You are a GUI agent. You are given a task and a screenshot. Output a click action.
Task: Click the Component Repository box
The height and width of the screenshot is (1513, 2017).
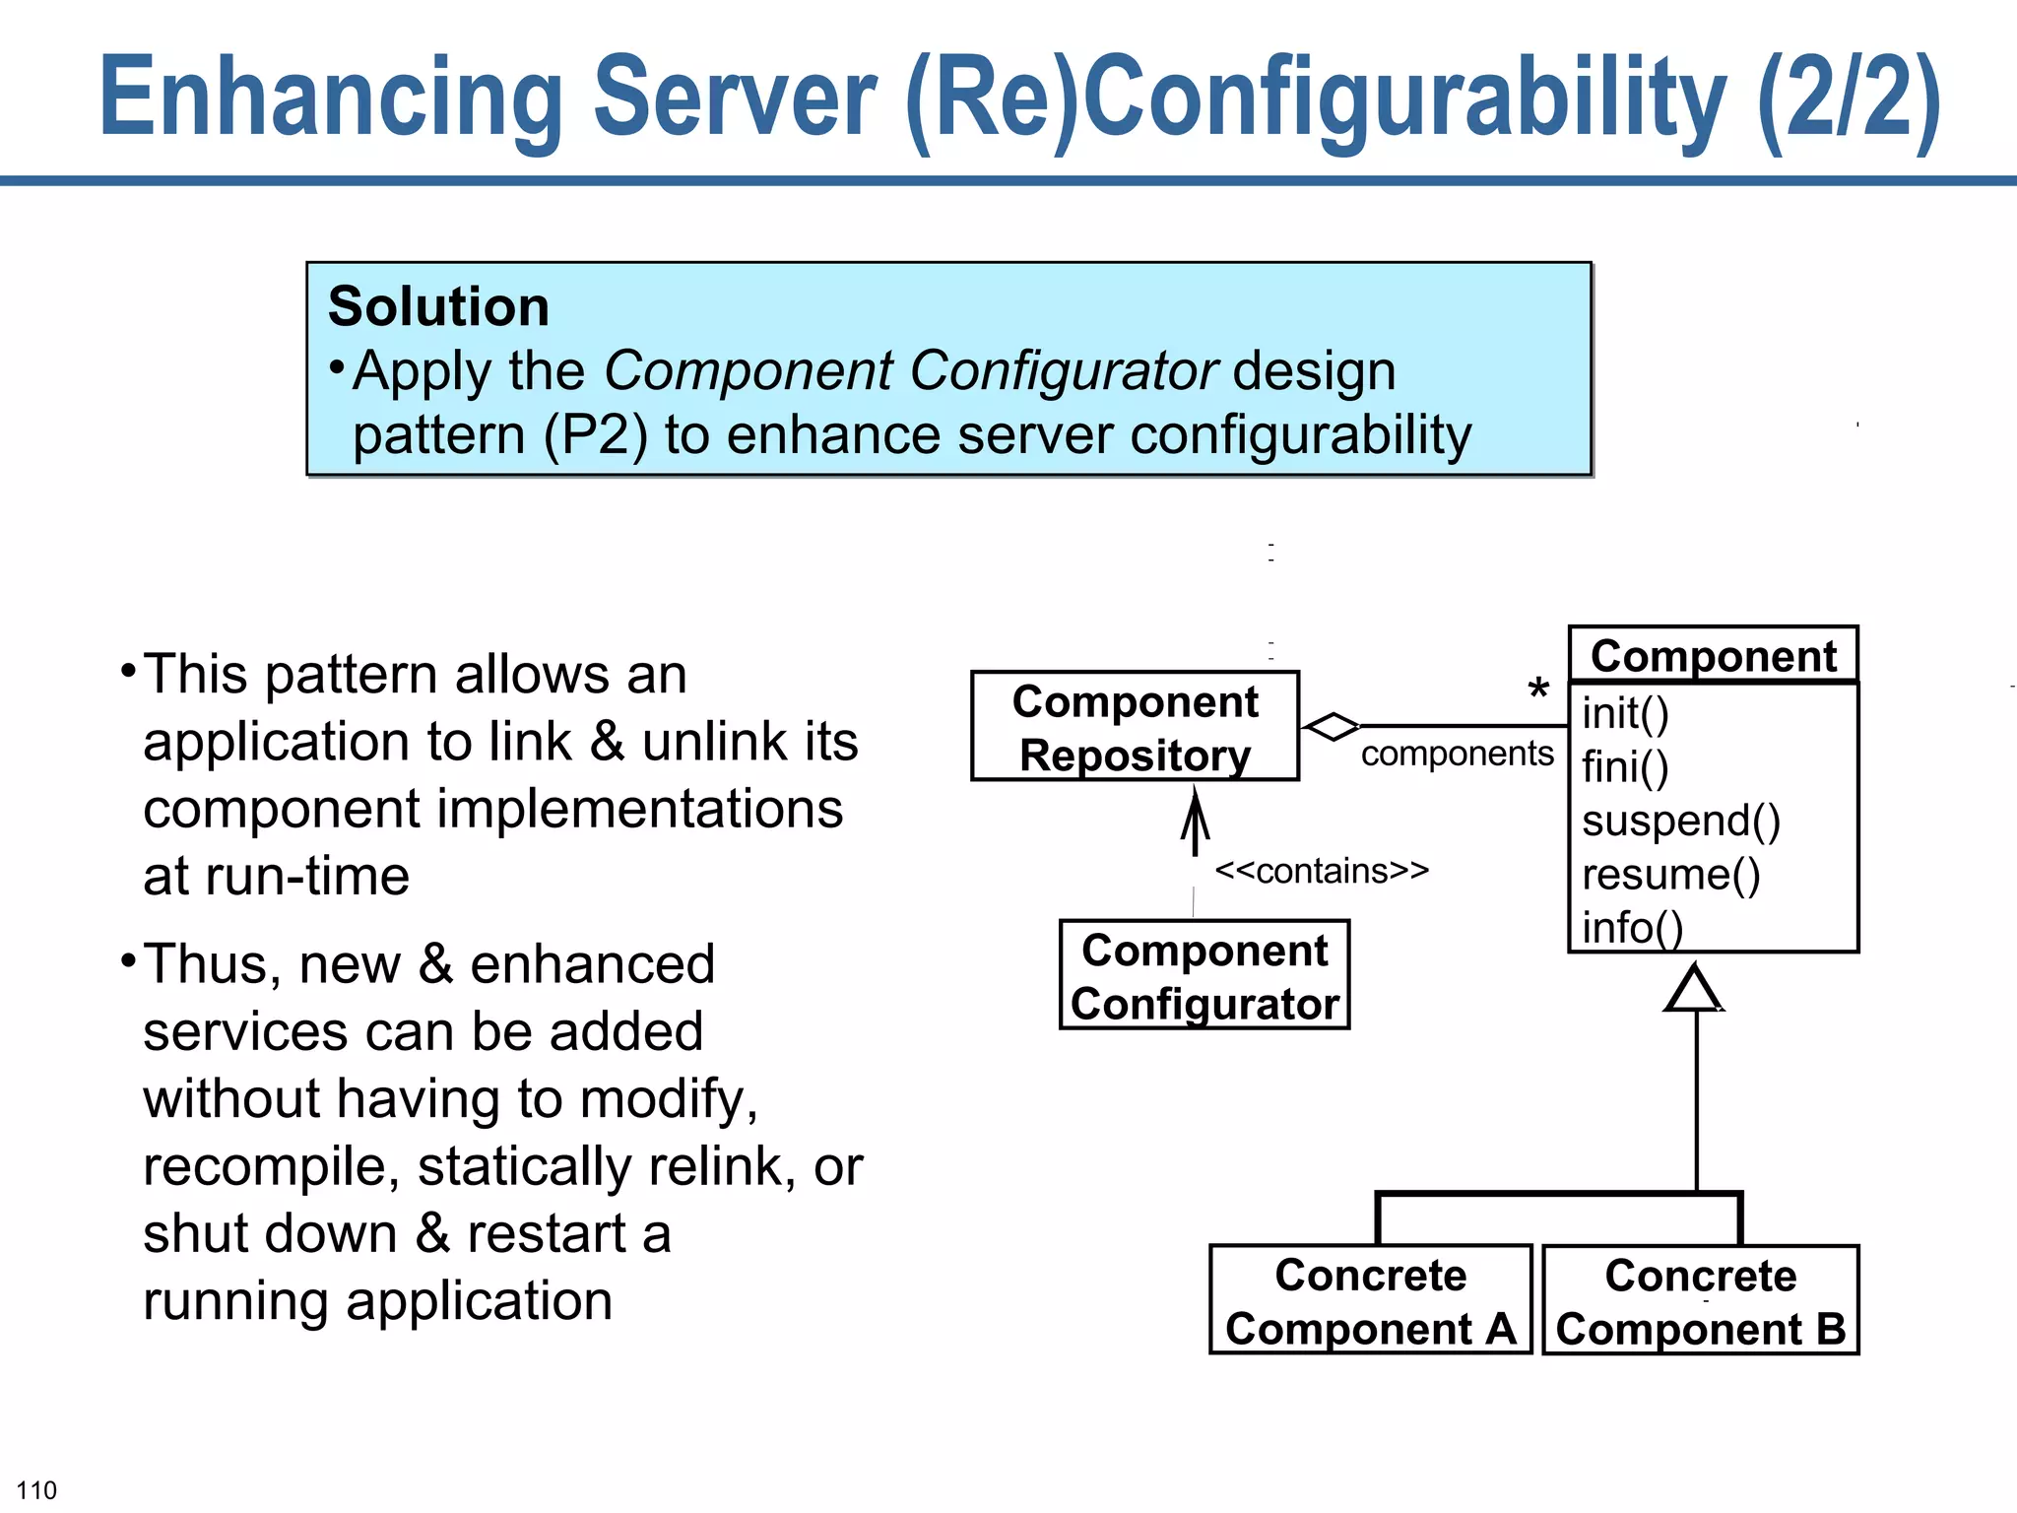coord(1135,727)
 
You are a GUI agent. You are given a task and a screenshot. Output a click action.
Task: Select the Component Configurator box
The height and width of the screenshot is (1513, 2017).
coord(1204,975)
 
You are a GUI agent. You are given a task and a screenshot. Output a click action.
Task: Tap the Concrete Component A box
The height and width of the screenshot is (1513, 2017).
coord(1370,1300)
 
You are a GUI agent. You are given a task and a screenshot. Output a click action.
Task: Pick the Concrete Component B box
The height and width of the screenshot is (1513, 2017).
coord(1700,1300)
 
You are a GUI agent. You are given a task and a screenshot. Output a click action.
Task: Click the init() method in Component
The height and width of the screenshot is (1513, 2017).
coord(1625,713)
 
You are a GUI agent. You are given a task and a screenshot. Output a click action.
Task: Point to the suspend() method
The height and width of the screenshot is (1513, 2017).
coord(1680,821)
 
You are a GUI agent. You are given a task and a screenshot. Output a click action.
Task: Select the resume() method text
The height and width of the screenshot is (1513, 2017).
coord(1670,874)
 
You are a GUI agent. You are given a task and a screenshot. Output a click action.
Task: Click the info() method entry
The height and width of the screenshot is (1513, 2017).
coord(1632,927)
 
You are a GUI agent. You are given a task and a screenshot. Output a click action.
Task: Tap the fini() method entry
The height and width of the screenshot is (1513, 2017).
coord(1625,766)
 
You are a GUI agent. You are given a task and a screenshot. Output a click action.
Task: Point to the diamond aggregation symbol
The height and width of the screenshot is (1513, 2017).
coord(1331,727)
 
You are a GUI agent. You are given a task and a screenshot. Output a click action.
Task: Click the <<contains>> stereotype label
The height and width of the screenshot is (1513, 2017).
coord(1321,871)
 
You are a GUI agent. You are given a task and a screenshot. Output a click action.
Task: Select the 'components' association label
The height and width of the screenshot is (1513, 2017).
coord(1457,754)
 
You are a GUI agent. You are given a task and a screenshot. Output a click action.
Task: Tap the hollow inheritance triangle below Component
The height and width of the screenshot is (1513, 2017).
coord(1694,989)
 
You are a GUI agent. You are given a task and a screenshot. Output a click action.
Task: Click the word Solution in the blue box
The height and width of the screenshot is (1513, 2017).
coord(438,306)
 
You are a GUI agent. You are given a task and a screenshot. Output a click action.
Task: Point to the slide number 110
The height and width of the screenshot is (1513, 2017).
coord(36,1489)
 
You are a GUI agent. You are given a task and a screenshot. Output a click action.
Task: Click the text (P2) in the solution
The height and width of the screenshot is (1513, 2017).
coord(596,434)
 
